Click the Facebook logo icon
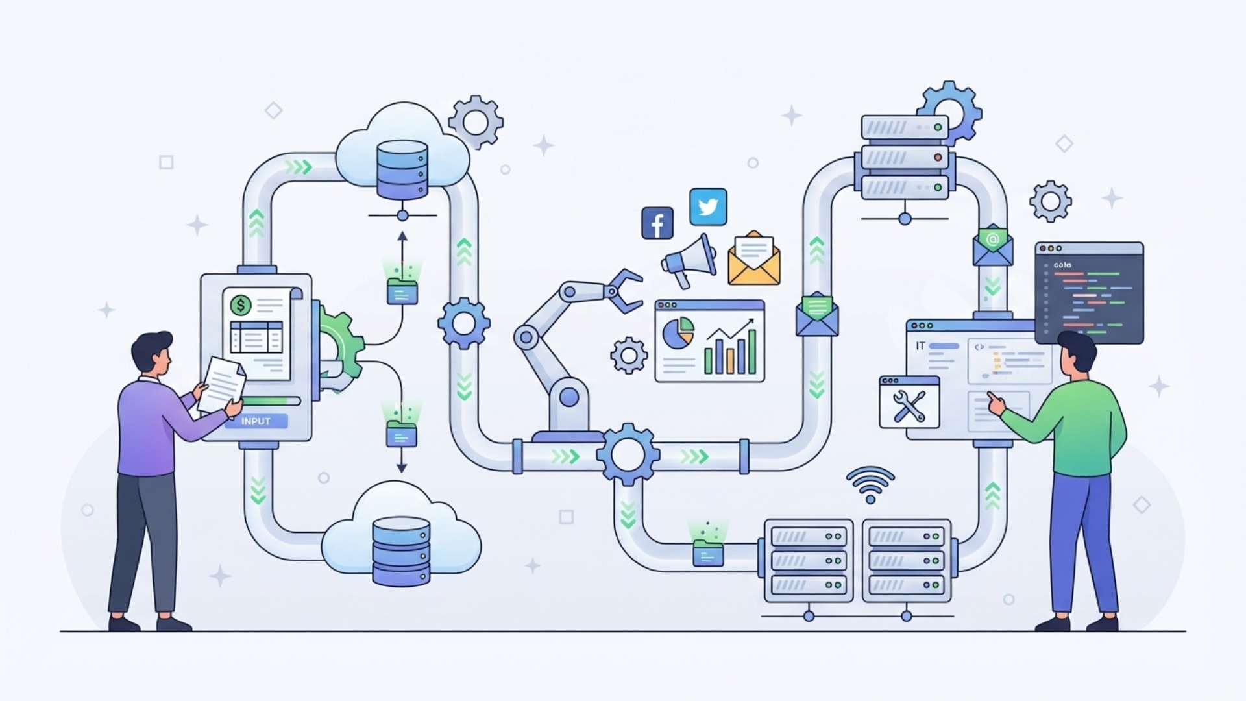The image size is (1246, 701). tap(657, 223)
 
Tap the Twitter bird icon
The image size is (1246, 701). tap(707, 206)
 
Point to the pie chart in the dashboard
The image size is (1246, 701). tap(678, 332)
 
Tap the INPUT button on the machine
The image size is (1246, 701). tap(256, 421)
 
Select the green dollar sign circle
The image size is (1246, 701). tap(241, 304)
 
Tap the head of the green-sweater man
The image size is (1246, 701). tap(1077, 354)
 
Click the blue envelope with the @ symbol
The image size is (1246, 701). tap(992, 245)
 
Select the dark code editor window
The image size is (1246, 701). tap(1089, 293)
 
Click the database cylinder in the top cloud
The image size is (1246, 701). tap(402, 169)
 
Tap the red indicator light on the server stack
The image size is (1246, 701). tap(937, 157)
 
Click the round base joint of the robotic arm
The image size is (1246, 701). tap(568, 397)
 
